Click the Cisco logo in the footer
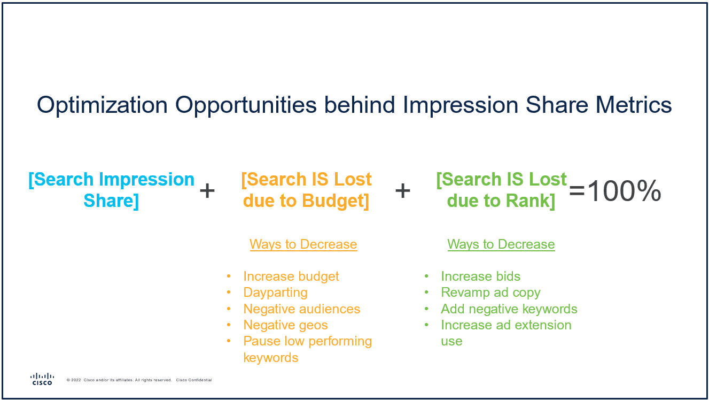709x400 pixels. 42,379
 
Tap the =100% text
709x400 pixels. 615,191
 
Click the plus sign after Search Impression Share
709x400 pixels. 207,190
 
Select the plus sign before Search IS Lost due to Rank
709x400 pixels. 402,190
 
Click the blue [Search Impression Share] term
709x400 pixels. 111,190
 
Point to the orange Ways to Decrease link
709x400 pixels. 303,244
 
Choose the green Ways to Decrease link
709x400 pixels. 501,244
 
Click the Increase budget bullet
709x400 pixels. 291,276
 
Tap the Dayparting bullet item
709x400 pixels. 275,293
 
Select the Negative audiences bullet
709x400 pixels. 301,309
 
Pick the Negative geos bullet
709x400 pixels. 285,325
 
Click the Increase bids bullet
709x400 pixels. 480,276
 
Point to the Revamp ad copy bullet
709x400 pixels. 490,293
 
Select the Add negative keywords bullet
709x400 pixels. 509,309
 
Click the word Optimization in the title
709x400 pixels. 102,105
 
